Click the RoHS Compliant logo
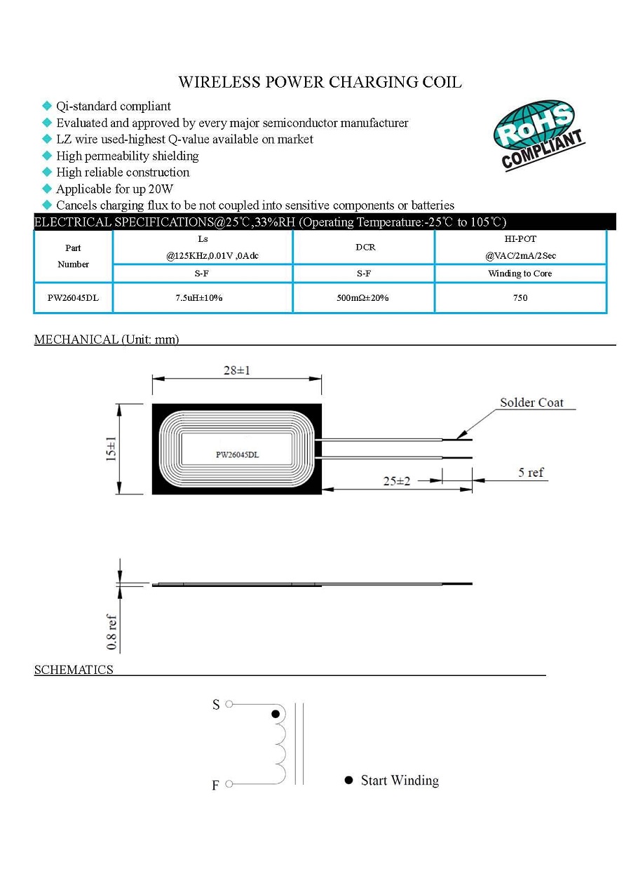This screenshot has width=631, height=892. point(538,135)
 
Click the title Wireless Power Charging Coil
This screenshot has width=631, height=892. point(320,82)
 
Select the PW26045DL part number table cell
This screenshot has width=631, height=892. point(73,298)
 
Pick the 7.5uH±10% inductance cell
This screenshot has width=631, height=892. point(199,298)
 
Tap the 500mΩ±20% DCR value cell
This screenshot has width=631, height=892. point(362,298)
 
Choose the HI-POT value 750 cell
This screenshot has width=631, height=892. point(520,298)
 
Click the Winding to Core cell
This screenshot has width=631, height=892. point(520,273)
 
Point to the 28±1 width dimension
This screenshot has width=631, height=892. point(237,370)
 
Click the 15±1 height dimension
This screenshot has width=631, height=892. point(111,449)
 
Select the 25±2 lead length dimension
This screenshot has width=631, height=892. point(397,482)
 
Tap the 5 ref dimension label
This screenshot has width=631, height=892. point(531,473)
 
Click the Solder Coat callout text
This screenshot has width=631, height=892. point(531,403)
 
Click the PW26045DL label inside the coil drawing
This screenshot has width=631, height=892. point(237,454)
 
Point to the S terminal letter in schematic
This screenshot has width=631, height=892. point(216,705)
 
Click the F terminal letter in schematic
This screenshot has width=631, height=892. point(216,785)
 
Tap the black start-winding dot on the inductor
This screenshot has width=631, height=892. point(276,714)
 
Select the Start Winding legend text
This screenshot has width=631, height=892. point(400,780)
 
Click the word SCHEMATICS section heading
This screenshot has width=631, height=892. point(74,670)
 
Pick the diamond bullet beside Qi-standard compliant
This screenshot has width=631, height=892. point(47,106)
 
